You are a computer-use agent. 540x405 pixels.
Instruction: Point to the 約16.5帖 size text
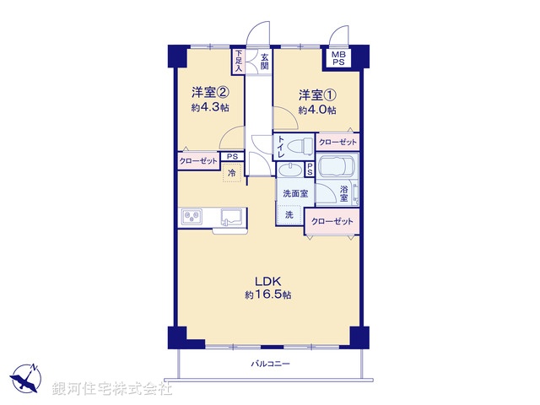click(268, 295)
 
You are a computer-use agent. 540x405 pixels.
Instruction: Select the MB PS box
click(337, 58)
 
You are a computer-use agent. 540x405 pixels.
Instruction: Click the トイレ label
click(281, 148)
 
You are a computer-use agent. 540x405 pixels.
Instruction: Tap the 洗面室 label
click(294, 193)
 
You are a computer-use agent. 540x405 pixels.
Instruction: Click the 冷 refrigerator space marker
click(232, 173)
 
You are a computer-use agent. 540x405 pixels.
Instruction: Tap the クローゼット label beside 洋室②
click(198, 160)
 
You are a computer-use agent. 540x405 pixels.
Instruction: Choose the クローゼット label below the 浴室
click(330, 221)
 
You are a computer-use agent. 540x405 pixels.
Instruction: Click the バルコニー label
click(269, 364)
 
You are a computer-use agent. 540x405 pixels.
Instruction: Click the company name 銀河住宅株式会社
click(112, 389)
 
